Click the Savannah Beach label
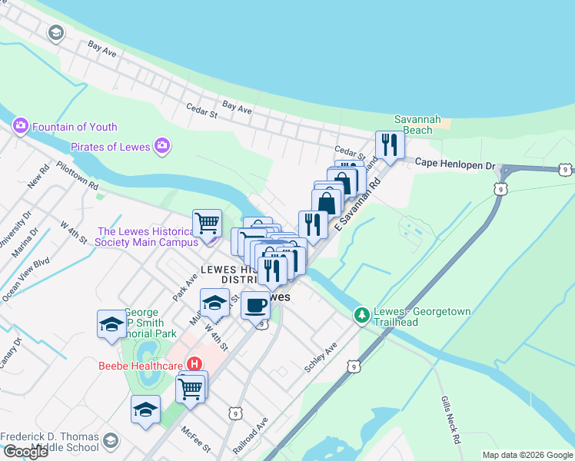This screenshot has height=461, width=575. (x=417, y=124)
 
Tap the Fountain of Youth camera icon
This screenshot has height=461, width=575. (x=20, y=125)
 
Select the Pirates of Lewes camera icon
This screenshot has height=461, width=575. (x=161, y=145)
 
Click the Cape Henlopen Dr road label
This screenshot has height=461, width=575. (x=456, y=164)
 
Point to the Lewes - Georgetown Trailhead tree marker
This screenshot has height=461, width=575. (x=361, y=314)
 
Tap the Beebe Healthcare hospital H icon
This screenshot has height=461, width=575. (x=195, y=364)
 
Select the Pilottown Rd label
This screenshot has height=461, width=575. (x=77, y=175)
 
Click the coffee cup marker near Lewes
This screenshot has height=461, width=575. (x=255, y=305)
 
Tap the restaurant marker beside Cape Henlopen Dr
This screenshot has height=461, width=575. (x=390, y=144)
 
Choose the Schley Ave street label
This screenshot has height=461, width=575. (x=321, y=358)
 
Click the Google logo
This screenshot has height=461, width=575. (x=25, y=452)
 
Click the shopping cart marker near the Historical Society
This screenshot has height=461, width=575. (x=207, y=223)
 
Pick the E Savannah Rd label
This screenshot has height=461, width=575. (x=358, y=205)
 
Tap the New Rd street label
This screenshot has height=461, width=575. (x=38, y=181)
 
